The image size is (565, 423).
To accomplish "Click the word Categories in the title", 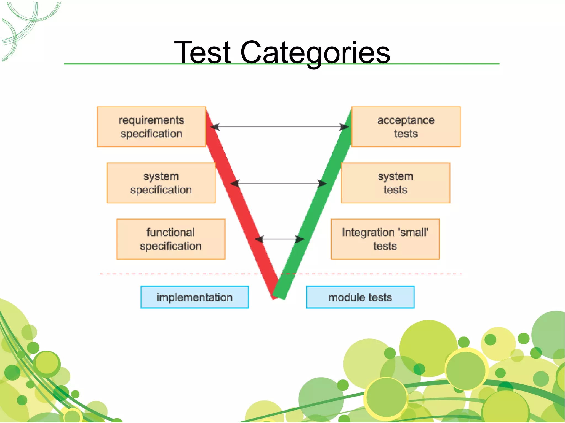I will [x=315, y=52].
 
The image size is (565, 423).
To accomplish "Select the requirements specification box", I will [x=151, y=127].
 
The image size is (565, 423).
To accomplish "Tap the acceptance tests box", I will [x=406, y=127].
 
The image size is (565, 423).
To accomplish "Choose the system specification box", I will [x=161, y=183].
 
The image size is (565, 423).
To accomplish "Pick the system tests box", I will [x=395, y=183].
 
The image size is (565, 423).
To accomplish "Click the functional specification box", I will [x=171, y=239].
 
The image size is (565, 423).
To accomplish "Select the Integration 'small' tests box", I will [x=385, y=239].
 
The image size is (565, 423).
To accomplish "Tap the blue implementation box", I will [x=194, y=297].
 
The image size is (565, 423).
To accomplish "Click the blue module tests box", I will [x=360, y=297].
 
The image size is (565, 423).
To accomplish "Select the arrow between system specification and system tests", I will [x=279, y=183].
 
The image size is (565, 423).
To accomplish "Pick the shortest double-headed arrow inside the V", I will [x=279, y=239].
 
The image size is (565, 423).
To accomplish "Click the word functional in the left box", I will [x=170, y=232].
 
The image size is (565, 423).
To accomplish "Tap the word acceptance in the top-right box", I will [x=406, y=120].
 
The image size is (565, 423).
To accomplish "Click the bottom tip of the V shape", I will [x=278, y=297].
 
